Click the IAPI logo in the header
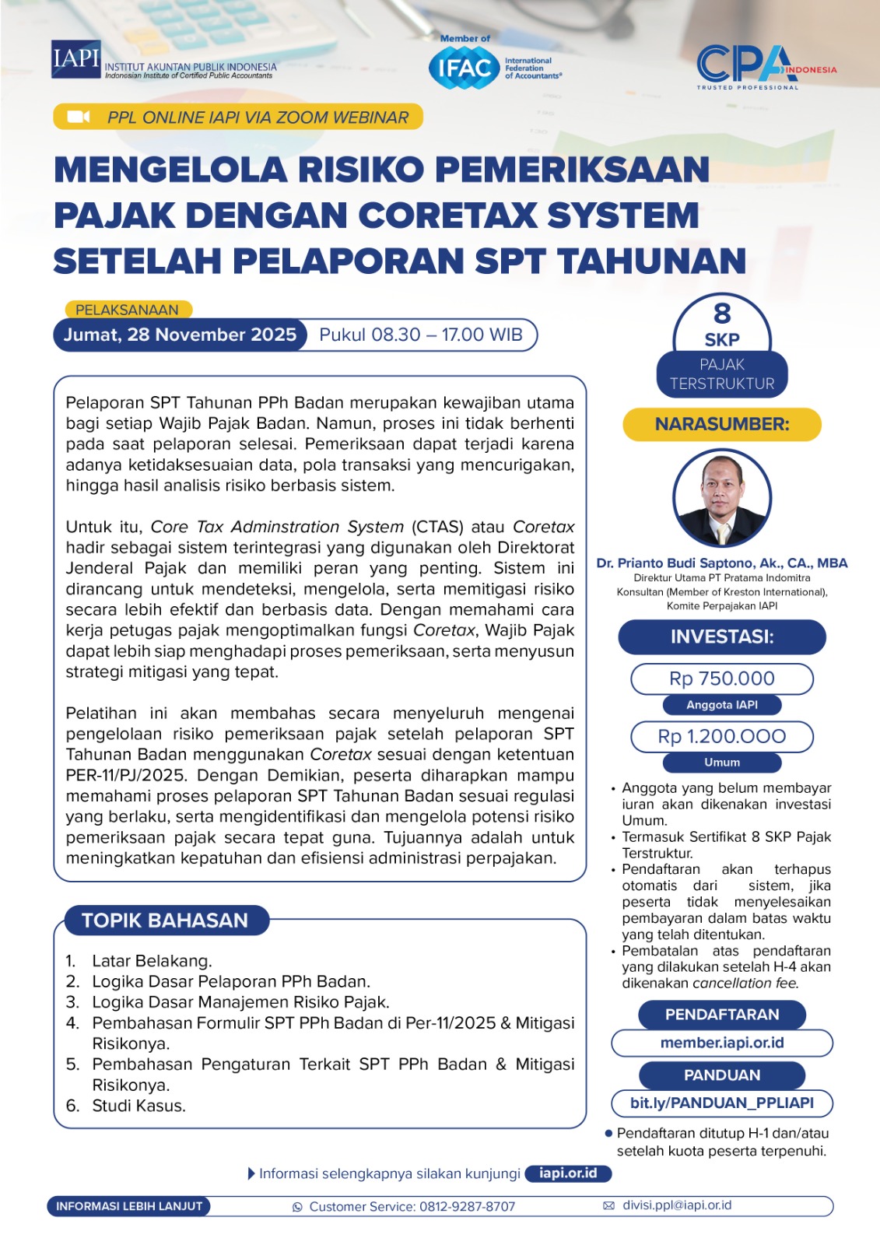pyautogui.click(x=76, y=60)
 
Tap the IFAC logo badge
pyautogui.click(x=464, y=68)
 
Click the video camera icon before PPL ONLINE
pyautogui.click(x=79, y=117)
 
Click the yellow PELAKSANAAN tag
pyautogui.click(x=127, y=310)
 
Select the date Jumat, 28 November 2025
pyautogui.click(x=180, y=335)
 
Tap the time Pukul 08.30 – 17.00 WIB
pyautogui.click(x=421, y=335)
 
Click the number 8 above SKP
pyautogui.click(x=722, y=314)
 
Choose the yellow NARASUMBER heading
pyautogui.click(x=722, y=424)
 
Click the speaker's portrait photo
pyautogui.click(x=722, y=498)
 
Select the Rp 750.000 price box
pyautogui.click(x=722, y=679)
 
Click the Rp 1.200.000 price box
pyautogui.click(x=722, y=736)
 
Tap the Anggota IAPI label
pyautogui.click(x=722, y=705)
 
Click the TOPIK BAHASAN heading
pyautogui.click(x=164, y=921)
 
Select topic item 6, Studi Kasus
pyautogui.click(x=138, y=1106)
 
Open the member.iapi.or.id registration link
pyautogui.click(x=722, y=1043)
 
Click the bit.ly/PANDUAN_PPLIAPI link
pyautogui.click(x=722, y=1103)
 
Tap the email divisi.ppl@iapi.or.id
pyautogui.click(x=677, y=1205)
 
